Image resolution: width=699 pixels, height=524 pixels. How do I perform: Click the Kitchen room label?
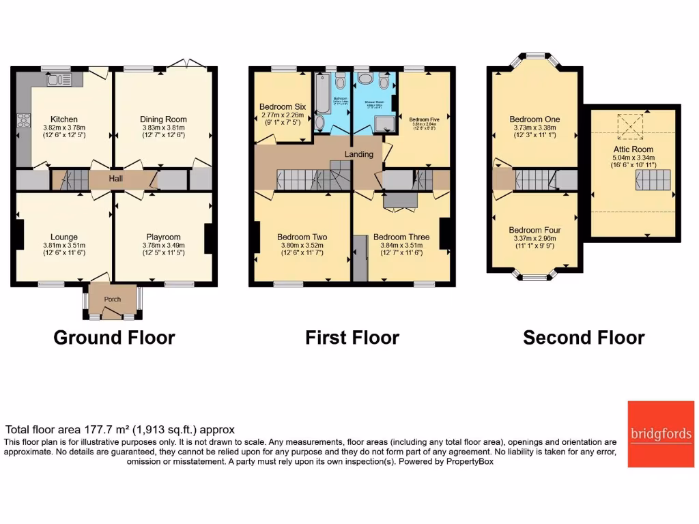pos(64,119)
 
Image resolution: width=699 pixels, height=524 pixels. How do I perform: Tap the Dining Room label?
pos(163,119)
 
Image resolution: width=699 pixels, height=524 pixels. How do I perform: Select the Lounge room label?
pos(63,237)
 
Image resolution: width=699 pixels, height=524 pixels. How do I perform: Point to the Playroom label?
pos(162,237)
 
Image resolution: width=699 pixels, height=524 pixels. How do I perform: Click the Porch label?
pos(112,300)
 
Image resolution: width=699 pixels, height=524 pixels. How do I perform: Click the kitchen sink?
pos(55,81)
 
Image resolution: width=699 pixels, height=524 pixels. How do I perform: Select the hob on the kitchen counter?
pos(23,122)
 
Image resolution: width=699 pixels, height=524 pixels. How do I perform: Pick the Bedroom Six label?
pos(282,107)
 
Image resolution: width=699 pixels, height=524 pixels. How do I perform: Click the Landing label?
pos(358,154)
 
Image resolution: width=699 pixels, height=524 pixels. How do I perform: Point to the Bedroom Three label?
pos(401,237)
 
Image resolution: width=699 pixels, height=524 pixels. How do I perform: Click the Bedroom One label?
pos(534,119)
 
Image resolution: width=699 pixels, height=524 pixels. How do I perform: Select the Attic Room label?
pos(632,149)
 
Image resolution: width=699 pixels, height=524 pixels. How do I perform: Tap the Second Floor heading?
pos(584,338)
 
